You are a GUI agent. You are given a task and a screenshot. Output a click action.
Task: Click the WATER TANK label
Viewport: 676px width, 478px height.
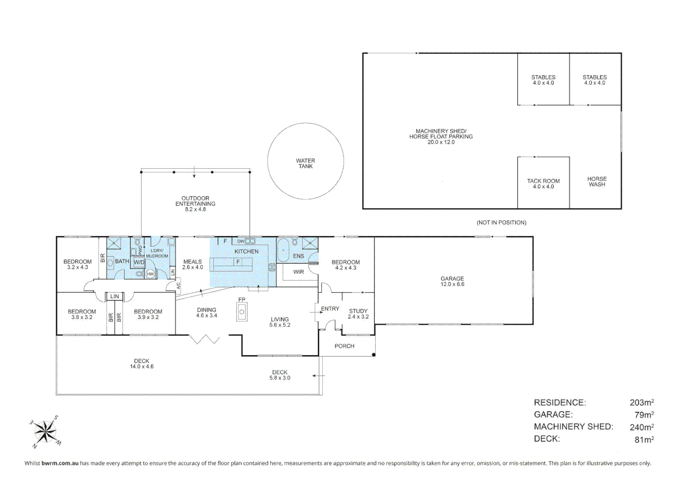(305, 163)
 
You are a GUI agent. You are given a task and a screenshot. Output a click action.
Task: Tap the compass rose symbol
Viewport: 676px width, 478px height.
(45, 432)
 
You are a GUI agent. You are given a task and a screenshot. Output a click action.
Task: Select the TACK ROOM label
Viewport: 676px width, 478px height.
(543, 181)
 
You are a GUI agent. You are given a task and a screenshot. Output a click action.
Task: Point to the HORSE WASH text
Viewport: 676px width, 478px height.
(597, 181)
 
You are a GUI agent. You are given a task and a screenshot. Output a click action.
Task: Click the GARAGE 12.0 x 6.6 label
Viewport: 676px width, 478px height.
(452, 281)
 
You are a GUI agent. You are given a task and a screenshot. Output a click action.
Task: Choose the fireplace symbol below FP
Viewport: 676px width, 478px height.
(242, 312)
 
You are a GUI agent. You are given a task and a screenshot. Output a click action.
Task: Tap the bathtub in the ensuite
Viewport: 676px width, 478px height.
(283, 251)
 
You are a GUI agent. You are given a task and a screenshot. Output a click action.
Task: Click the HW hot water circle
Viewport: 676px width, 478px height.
(150, 274)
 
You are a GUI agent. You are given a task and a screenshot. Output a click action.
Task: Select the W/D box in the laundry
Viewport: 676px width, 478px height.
(139, 262)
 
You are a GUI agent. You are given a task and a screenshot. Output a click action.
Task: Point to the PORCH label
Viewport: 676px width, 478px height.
(344, 346)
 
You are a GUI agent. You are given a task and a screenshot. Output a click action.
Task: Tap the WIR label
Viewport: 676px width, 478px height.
(299, 272)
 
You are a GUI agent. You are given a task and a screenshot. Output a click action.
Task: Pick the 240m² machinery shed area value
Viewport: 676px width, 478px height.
(641, 427)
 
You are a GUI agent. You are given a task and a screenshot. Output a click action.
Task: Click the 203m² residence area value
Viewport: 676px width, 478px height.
(641, 402)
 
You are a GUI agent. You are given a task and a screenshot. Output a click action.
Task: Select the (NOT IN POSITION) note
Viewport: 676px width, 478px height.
(501, 223)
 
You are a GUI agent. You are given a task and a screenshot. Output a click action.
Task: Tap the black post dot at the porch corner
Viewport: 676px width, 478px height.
(373, 355)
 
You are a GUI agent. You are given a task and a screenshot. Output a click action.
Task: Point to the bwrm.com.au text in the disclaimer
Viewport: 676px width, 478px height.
(60, 463)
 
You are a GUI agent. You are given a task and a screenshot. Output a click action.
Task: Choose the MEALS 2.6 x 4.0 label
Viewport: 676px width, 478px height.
(192, 264)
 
